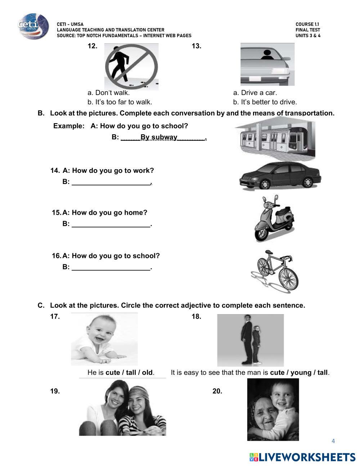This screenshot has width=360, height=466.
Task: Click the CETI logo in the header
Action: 33,26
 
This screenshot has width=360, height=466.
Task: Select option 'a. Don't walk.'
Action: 108,93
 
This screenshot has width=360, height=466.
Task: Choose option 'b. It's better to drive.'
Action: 265,102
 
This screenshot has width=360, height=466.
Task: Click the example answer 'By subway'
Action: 159,137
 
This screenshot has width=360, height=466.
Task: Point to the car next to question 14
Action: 280,176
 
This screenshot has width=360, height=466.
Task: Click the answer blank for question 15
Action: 111,224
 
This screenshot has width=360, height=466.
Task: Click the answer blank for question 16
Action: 111,267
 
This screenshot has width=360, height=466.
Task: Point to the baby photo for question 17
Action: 104,339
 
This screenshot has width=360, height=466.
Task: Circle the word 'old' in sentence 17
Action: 147,372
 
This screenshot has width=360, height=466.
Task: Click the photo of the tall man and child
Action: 250,340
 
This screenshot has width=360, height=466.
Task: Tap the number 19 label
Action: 55,391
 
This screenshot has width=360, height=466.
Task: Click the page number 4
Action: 333,441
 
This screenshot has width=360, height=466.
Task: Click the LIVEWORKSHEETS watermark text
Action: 307,457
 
